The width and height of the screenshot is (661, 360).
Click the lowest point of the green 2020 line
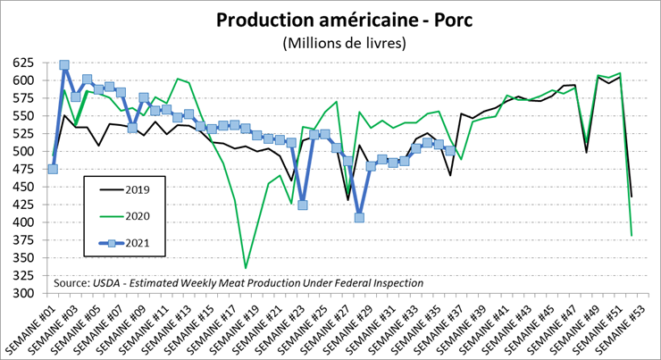point(246,267)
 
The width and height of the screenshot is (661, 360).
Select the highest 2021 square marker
point(64,65)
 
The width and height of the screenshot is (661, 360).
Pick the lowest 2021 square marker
point(359,217)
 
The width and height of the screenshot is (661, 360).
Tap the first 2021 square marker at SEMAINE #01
point(53,169)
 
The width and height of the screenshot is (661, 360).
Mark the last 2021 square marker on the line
point(449,150)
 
